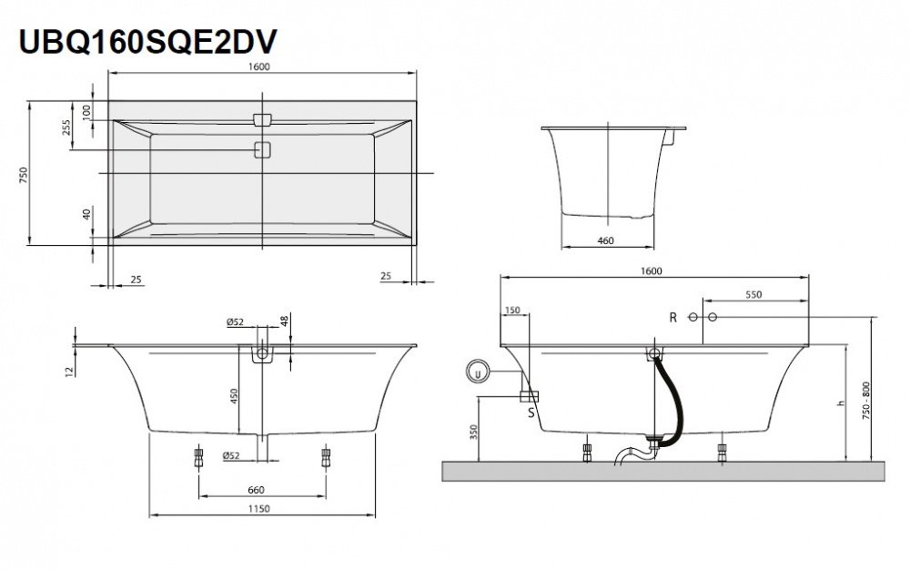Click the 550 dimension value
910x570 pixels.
[753, 295]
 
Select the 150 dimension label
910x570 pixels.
[512, 310]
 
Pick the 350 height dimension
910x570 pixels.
[474, 431]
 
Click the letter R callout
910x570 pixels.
[672, 317]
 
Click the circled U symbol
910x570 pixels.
[476, 372]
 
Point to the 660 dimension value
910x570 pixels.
[257, 489]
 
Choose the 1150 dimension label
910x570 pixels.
[259, 511]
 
